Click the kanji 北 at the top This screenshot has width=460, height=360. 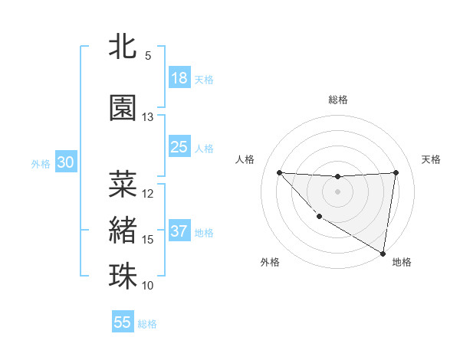point(123,47)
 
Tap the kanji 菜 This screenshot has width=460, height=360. point(123,184)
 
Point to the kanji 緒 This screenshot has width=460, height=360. point(123,230)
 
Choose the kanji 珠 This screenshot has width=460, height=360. point(123,276)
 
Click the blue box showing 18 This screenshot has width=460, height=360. point(179,78)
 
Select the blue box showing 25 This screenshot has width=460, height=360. point(179,147)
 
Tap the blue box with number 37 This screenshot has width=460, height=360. point(179,231)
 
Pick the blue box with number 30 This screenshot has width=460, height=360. point(65,162)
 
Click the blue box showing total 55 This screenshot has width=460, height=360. point(123,322)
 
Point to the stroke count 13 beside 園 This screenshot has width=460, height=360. point(148,117)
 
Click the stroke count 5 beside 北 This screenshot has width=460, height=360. point(148,56)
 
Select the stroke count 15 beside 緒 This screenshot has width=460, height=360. point(148,240)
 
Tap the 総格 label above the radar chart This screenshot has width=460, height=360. point(337,100)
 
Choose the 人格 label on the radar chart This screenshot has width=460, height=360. point(245,159)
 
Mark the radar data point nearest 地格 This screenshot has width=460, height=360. point(383,254)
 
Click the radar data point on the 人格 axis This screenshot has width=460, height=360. point(279,172)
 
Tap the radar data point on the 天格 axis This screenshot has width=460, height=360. point(396,172)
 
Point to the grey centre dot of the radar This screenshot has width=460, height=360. point(337,191)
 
